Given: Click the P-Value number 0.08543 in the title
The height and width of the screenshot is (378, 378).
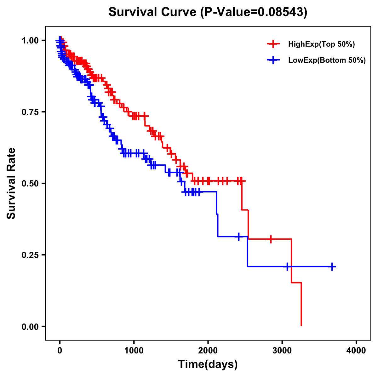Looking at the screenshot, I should [x=281, y=12].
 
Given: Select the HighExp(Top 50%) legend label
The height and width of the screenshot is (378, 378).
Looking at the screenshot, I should [x=321, y=44].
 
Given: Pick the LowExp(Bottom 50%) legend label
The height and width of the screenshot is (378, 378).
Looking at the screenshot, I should [x=327, y=60].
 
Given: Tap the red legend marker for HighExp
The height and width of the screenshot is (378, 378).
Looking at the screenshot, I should [x=273, y=44].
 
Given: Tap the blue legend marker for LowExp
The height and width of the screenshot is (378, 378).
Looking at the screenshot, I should [x=273, y=60].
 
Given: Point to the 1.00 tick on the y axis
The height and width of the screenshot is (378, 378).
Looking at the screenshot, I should [x=30, y=40].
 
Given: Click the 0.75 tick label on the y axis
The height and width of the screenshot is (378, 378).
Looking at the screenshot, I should [x=30, y=112].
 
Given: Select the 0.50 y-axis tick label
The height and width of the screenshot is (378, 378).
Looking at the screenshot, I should [x=30, y=183].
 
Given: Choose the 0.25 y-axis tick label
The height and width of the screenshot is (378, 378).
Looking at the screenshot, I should [x=30, y=255].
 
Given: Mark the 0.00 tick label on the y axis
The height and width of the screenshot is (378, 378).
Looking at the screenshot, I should [x=30, y=326].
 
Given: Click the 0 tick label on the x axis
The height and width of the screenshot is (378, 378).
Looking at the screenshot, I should [x=60, y=351].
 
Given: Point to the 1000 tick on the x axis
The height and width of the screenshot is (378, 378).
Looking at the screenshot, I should [x=134, y=351].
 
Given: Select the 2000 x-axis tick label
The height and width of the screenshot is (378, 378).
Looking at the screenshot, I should [x=208, y=351].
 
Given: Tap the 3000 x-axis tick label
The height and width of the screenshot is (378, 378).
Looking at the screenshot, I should [x=282, y=351].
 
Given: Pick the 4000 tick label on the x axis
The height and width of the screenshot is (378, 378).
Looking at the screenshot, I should [x=356, y=351].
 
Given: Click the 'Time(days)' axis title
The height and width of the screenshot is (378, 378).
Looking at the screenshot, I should [x=208, y=364].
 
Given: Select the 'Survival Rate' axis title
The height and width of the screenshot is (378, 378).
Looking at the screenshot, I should [x=12, y=183].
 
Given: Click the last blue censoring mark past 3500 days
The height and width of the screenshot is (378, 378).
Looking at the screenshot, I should [x=332, y=266].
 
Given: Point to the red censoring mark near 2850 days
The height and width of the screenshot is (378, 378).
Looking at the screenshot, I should [x=271, y=239].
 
